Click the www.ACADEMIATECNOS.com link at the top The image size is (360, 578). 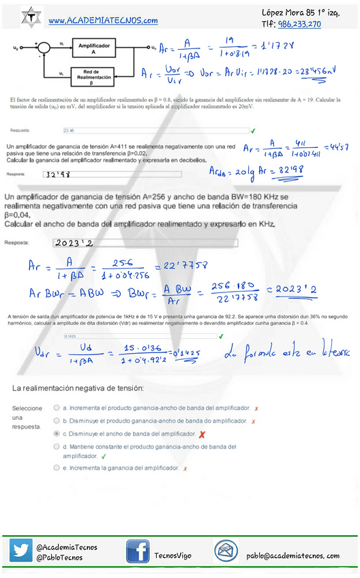[x=103, y=21]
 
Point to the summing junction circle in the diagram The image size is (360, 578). [x=44, y=48]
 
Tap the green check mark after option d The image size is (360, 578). [x=104, y=456]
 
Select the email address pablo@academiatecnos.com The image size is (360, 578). [x=293, y=556]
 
